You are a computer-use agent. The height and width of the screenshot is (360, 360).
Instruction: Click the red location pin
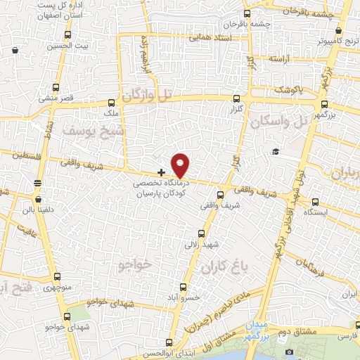click(x=181, y=165)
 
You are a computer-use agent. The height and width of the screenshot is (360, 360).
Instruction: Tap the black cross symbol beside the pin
click(x=162, y=172)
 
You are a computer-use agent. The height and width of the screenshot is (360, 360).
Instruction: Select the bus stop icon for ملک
click(x=112, y=101)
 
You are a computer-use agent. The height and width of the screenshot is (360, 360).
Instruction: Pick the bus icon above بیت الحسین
click(x=67, y=35)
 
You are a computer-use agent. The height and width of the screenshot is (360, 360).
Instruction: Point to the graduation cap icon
click(x=276, y=152)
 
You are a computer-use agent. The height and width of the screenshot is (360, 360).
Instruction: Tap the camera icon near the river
click(x=289, y=351)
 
